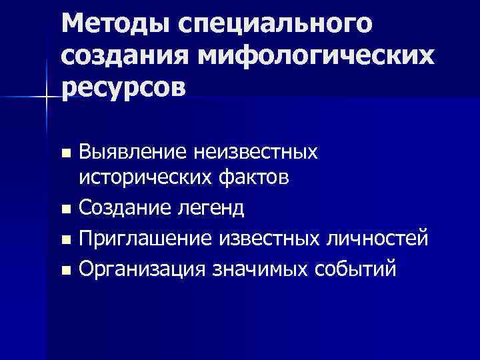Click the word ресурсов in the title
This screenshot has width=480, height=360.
[123, 89]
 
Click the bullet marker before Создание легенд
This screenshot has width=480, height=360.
[65, 210]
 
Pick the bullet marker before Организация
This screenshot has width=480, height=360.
[65, 270]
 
